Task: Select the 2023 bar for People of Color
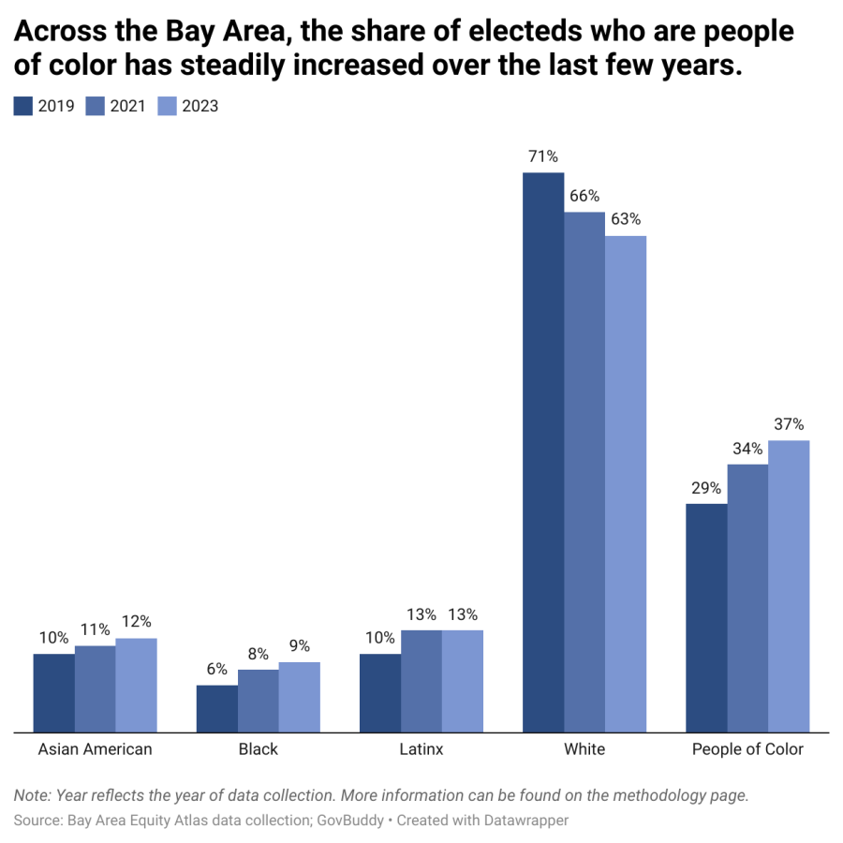pos(789,585)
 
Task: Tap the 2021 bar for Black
pos(259,700)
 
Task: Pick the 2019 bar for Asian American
pos(54,692)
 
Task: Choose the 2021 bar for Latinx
pos(421,680)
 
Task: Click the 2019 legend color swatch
pos(23,106)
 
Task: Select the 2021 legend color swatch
pos(96,106)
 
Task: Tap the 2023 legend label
pos(200,106)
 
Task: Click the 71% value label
pos(543,155)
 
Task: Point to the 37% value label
pos(789,423)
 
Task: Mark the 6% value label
pos(217,669)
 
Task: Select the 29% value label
pos(706,487)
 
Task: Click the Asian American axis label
pos(95,749)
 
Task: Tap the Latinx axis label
pos(421,749)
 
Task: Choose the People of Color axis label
pos(747,749)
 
